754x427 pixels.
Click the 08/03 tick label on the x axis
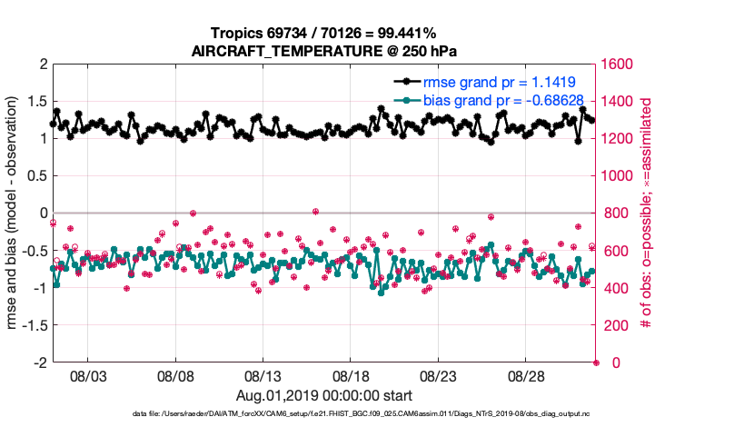pos(87,375)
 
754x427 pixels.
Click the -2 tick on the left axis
pos(38,362)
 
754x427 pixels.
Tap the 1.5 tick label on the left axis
pos(35,102)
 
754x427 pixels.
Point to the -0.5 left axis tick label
pos(33,251)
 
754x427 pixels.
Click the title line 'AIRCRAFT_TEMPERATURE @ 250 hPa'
pos(323,51)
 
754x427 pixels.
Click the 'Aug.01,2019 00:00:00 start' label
pos(323,395)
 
